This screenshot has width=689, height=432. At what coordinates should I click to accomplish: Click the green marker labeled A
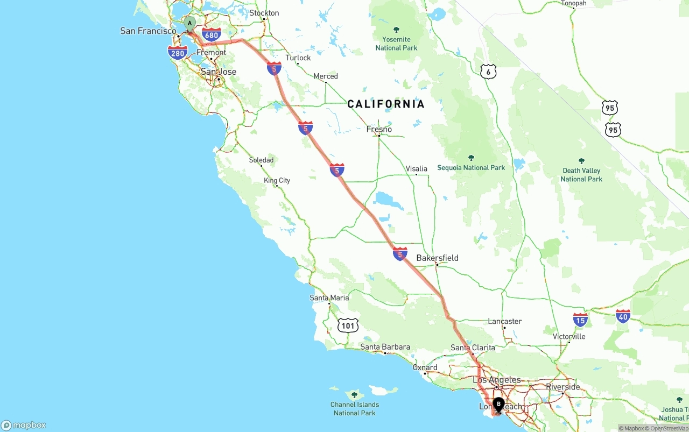189,24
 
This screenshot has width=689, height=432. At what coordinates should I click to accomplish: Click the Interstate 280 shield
178,53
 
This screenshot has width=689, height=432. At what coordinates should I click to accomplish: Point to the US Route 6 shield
488,72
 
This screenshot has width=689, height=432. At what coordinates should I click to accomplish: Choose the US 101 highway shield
348,325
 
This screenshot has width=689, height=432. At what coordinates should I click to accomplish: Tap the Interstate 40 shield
623,316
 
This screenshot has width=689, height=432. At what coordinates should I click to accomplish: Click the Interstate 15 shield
580,320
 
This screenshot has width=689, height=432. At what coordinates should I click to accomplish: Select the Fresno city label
379,129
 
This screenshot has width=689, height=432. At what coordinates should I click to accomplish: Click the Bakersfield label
437,258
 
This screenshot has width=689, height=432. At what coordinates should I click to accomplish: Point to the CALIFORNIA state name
386,104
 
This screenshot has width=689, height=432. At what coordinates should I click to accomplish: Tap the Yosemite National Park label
396,43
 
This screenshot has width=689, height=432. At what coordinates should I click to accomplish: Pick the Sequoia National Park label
471,167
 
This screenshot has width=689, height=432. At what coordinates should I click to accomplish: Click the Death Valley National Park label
581,174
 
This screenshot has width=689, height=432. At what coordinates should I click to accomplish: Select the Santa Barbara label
385,347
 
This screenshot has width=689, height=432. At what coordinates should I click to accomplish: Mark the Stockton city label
264,13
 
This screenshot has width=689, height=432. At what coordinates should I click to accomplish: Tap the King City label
277,180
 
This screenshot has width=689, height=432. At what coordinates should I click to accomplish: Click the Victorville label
569,337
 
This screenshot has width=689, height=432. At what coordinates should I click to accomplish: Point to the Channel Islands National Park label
355,408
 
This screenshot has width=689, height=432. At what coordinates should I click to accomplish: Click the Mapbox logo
24,425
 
